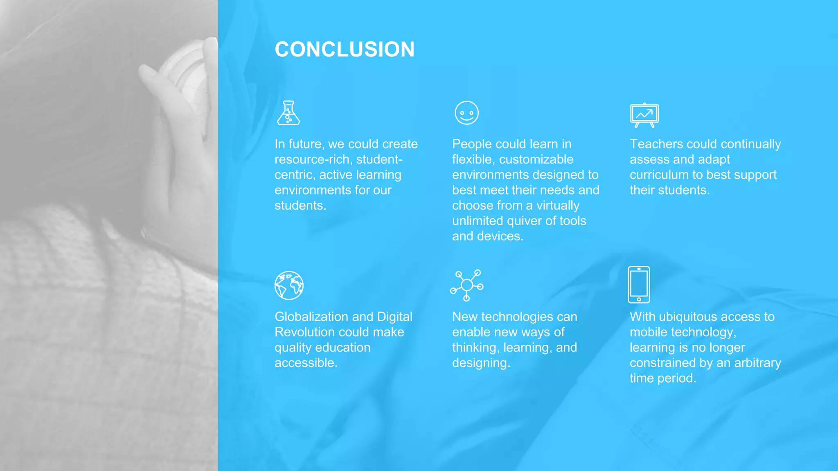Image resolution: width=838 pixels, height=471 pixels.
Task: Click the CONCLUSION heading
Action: [345, 49]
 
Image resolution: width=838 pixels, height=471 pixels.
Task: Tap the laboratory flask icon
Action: [288, 113]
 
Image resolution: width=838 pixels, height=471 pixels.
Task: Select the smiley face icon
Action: [466, 113]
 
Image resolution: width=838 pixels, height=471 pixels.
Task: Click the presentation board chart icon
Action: [644, 115]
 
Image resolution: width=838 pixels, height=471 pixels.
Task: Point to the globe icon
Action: [289, 285]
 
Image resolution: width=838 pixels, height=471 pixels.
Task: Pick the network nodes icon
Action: [467, 285]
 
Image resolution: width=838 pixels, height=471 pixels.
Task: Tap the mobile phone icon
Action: [639, 285]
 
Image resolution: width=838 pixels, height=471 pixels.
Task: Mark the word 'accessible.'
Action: [306, 363]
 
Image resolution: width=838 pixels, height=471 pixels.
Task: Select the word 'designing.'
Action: [481, 363]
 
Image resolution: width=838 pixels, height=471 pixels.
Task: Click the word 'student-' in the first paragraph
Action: [379, 159]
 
